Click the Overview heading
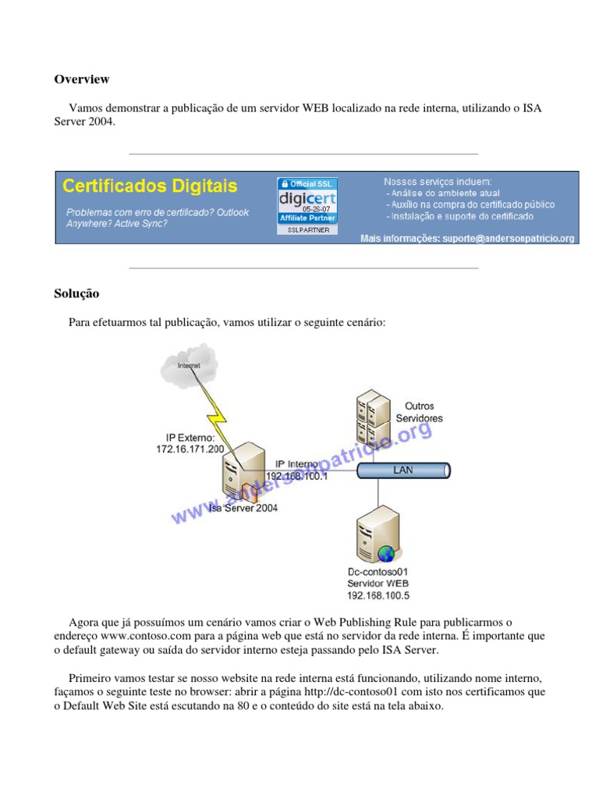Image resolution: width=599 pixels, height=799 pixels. tap(81, 80)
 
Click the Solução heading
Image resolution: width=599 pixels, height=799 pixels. tap(76, 293)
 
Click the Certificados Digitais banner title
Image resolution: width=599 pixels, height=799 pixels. tap(150, 186)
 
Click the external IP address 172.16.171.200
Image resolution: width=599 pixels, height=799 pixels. tap(190, 449)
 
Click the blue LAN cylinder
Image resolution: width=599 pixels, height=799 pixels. tap(404, 470)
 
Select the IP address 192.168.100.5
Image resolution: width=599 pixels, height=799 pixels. tap(378, 595)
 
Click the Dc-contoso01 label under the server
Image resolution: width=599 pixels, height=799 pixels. tap(378, 572)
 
